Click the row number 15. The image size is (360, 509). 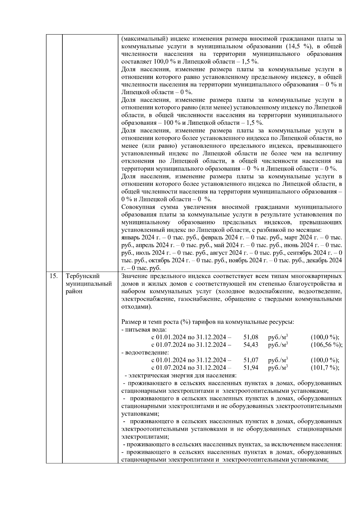click(54, 276)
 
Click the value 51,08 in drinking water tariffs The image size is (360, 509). click(251, 337)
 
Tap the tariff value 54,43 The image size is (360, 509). click(251, 345)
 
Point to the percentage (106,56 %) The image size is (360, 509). click(326, 345)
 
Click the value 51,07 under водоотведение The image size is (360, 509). click(251, 360)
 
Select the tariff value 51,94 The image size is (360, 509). click(251, 367)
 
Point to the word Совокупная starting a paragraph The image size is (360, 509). click(137, 207)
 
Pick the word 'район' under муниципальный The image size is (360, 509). click(74, 291)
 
